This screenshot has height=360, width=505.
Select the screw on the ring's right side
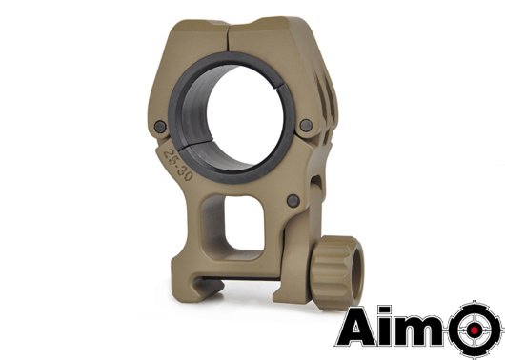point(305,126)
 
